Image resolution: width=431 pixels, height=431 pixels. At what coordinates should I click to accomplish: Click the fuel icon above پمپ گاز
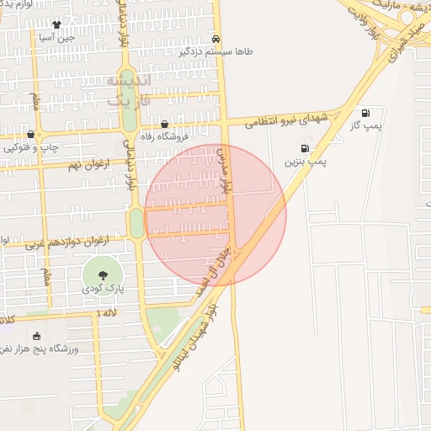coord(365,114)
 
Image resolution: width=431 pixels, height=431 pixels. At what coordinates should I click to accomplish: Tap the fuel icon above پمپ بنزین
coord(304,148)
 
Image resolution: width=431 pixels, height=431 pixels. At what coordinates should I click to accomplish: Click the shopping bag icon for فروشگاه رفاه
coord(175,123)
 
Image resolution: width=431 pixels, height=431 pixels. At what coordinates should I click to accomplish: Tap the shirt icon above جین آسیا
coord(56,25)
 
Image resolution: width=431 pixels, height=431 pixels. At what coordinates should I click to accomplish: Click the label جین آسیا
coord(56,37)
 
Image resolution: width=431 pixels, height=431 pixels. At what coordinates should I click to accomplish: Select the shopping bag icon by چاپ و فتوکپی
coord(31,135)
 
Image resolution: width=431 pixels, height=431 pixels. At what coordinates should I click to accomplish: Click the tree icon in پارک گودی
coord(103,274)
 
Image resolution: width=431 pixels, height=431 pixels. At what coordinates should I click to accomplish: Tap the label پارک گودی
coord(103,289)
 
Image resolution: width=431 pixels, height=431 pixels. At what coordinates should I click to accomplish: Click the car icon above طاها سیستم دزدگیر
coord(216,39)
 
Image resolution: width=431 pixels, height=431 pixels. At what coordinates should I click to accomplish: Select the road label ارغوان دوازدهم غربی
coord(67,243)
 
